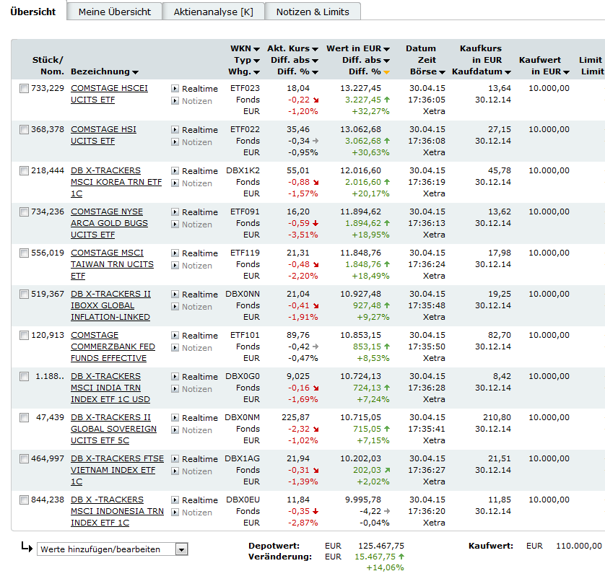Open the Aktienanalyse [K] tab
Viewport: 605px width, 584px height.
tap(214, 12)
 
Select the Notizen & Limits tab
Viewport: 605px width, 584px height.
tap(313, 12)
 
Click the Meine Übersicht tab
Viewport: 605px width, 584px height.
tap(115, 12)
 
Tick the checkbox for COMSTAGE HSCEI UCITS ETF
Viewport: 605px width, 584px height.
tap(25, 89)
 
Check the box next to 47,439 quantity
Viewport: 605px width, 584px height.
tap(25, 418)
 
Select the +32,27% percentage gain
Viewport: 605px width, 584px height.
tap(370, 112)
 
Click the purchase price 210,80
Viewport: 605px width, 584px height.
tap(496, 418)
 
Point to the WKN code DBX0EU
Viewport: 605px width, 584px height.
tap(243, 500)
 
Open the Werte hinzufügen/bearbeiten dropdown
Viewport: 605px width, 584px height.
tap(112, 549)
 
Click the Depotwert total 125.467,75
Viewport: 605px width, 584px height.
tap(381, 546)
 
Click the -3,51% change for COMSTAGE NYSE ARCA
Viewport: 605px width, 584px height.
tap(302, 235)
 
